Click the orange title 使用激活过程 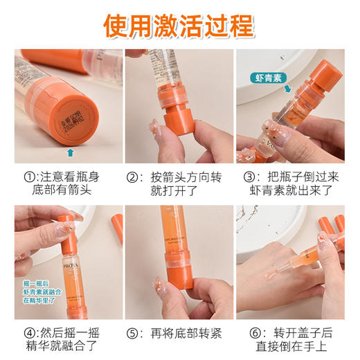[179, 26]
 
